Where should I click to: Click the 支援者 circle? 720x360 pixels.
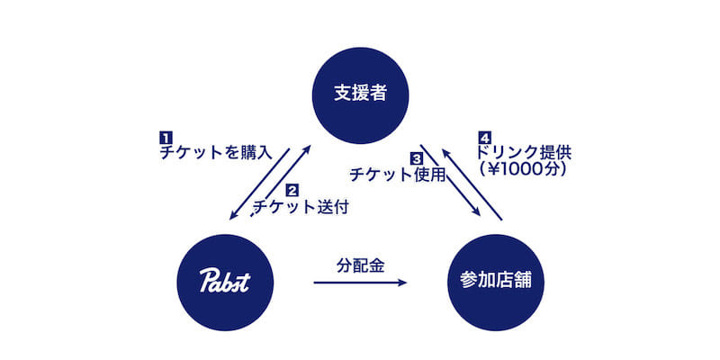click(x=360, y=95)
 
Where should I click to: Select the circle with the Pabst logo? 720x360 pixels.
click(x=225, y=283)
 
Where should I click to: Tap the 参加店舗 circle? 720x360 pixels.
click(x=496, y=283)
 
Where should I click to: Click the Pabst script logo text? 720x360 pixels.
click(x=224, y=281)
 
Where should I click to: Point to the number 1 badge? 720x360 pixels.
click(x=165, y=138)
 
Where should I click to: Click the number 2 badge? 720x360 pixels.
click(x=292, y=190)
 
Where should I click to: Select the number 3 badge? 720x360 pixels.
click(x=416, y=159)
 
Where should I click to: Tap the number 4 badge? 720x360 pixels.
click(x=484, y=138)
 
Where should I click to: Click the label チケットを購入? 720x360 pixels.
click(x=216, y=152)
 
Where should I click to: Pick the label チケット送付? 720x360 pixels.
click(x=301, y=207)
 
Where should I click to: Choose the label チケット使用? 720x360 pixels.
click(x=398, y=175)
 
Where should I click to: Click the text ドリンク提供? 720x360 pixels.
click(x=525, y=152)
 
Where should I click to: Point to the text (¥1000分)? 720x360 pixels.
click(x=522, y=169)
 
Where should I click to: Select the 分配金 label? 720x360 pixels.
click(x=360, y=265)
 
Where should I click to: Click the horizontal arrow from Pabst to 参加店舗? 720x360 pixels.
click(x=360, y=283)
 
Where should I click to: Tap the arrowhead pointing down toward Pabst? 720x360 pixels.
click(x=234, y=214)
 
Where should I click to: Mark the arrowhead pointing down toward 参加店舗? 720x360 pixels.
click(x=476, y=211)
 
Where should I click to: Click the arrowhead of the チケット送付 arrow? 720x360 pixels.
click(x=307, y=150)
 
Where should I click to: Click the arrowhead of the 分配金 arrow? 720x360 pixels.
click(x=402, y=283)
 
